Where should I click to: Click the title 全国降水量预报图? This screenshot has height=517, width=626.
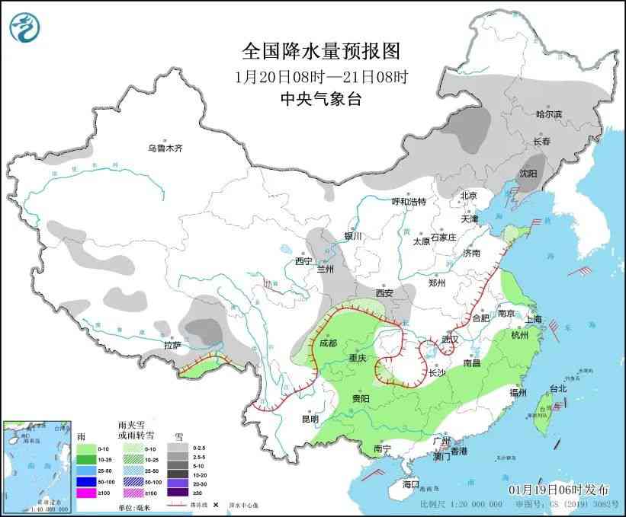[x=320, y=51]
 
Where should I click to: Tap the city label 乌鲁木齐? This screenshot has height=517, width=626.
[x=165, y=148]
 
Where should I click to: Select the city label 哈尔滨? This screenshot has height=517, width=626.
[x=548, y=114]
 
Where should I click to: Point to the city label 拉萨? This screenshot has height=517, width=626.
[x=173, y=345]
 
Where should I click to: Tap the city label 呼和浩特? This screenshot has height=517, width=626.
[x=409, y=201]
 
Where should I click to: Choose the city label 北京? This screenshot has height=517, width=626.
[x=468, y=196]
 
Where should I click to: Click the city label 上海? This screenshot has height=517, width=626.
[x=534, y=318]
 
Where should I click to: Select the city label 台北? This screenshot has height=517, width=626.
[x=557, y=388]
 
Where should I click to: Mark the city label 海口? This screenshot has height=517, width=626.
[x=411, y=484]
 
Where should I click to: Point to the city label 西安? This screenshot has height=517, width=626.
[x=384, y=293]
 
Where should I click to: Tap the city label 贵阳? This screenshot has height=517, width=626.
[x=360, y=398]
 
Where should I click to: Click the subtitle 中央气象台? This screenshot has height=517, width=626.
[x=320, y=99]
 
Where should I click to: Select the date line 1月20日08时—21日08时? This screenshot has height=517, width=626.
[x=320, y=76]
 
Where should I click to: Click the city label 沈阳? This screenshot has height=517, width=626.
[x=528, y=174]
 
